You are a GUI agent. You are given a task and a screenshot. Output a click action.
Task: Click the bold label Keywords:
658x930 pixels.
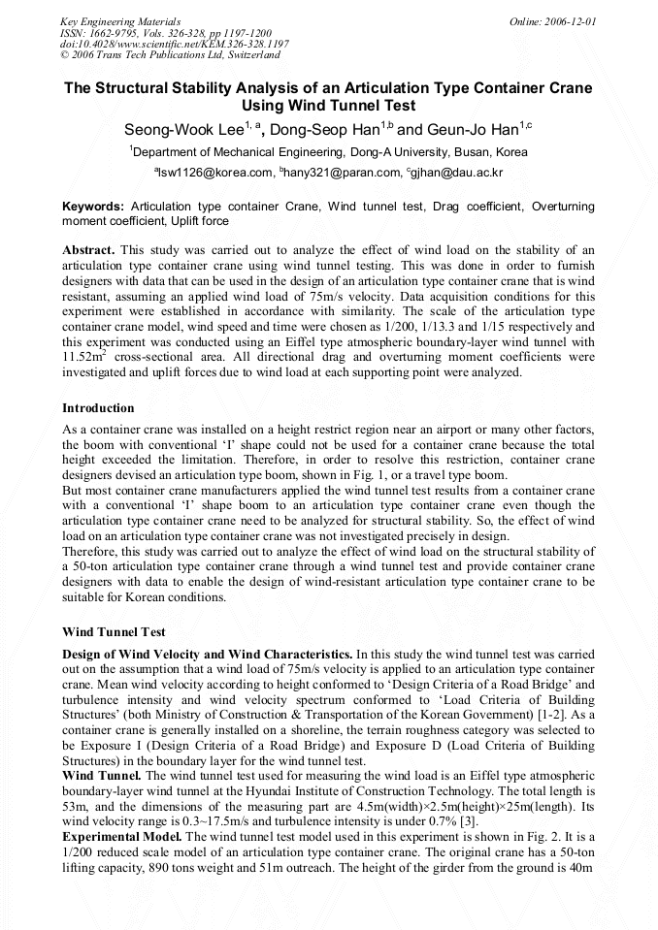93,207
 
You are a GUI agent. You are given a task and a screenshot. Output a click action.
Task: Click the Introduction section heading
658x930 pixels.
98,408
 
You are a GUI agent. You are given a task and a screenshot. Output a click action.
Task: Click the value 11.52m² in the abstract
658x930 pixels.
85,358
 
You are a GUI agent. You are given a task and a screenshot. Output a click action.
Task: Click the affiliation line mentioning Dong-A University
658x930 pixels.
329,152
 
